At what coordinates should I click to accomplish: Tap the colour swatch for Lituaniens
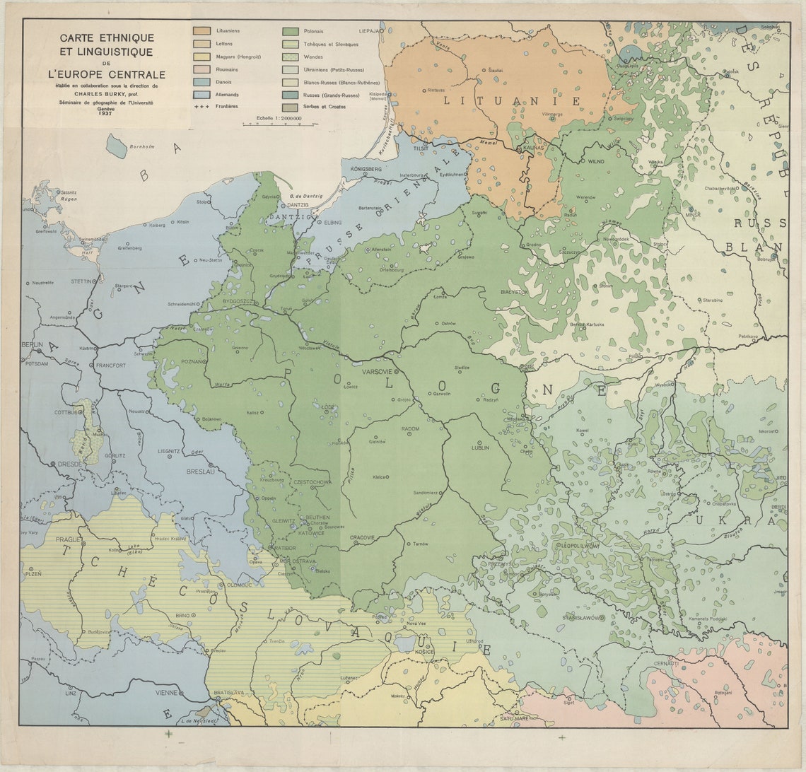coord(202,31)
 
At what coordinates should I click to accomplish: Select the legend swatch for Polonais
coord(290,31)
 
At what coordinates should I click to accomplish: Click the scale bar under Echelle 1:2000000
coord(279,124)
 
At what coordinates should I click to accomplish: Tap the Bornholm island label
coord(139,146)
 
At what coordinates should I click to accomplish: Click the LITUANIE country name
coord(513,101)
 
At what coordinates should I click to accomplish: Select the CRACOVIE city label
coord(362,537)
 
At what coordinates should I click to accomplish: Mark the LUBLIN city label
coord(481,448)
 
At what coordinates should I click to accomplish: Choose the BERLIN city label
coord(32,344)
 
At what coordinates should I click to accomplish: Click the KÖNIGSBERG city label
coord(365,170)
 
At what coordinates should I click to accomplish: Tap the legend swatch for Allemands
coord(202,94)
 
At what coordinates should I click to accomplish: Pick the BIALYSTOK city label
coord(514,291)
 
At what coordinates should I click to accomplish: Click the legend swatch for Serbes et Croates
coord(290,107)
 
